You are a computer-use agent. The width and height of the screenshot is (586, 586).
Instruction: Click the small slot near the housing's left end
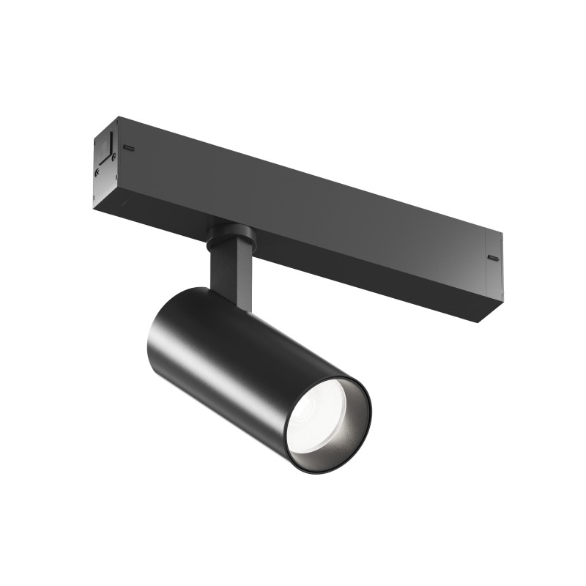[129, 146]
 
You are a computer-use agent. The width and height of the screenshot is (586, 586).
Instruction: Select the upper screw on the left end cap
[113, 157]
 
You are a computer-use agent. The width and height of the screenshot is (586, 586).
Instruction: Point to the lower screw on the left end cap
[97, 173]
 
